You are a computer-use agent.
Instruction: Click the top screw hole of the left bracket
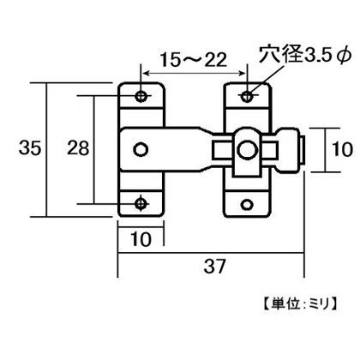(142, 93)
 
